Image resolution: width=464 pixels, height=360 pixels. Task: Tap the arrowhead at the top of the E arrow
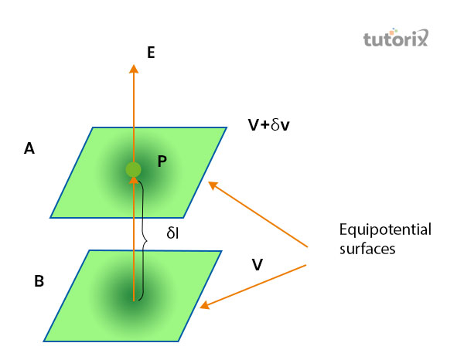pos(134,69)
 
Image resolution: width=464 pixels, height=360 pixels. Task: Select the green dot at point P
pos(134,169)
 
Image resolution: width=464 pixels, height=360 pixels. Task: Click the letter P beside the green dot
pos(162,161)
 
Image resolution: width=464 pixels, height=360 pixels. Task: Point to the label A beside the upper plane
pos(29,150)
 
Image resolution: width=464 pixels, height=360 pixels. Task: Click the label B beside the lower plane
pos(39,281)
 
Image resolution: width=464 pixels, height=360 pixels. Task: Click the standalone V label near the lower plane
pos(257,265)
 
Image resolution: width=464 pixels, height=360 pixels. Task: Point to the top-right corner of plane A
pos(227,127)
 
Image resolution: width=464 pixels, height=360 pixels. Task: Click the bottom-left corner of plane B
pos(44,340)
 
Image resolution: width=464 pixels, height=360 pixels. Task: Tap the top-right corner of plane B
pos(222,251)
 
